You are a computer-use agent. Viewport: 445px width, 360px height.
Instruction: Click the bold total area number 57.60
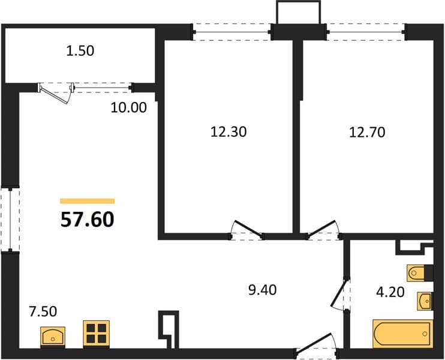(88, 220)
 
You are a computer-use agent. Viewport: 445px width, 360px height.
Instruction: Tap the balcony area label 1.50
(80, 51)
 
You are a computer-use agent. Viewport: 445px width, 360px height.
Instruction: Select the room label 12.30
(228, 132)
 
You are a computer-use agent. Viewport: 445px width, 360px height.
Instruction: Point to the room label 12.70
(367, 133)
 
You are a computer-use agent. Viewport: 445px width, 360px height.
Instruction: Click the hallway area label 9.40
(262, 290)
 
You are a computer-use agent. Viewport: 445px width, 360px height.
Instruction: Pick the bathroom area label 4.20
(390, 292)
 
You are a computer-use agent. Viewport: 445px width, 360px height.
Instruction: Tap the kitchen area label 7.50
(43, 311)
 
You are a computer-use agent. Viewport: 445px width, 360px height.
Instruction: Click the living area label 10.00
(128, 107)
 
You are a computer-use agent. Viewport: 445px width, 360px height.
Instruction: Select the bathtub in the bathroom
(403, 334)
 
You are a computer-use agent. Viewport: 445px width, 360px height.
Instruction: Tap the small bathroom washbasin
(425, 301)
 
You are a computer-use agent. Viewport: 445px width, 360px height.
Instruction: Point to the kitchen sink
(53, 337)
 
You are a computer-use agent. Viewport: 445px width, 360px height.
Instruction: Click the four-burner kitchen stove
(96, 334)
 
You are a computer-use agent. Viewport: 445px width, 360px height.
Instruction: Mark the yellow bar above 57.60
(88, 201)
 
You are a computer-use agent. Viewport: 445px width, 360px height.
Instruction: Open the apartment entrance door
(316, 345)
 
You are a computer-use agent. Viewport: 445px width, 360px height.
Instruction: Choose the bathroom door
(340, 295)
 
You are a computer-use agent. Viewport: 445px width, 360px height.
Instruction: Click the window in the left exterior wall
(10, 220)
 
